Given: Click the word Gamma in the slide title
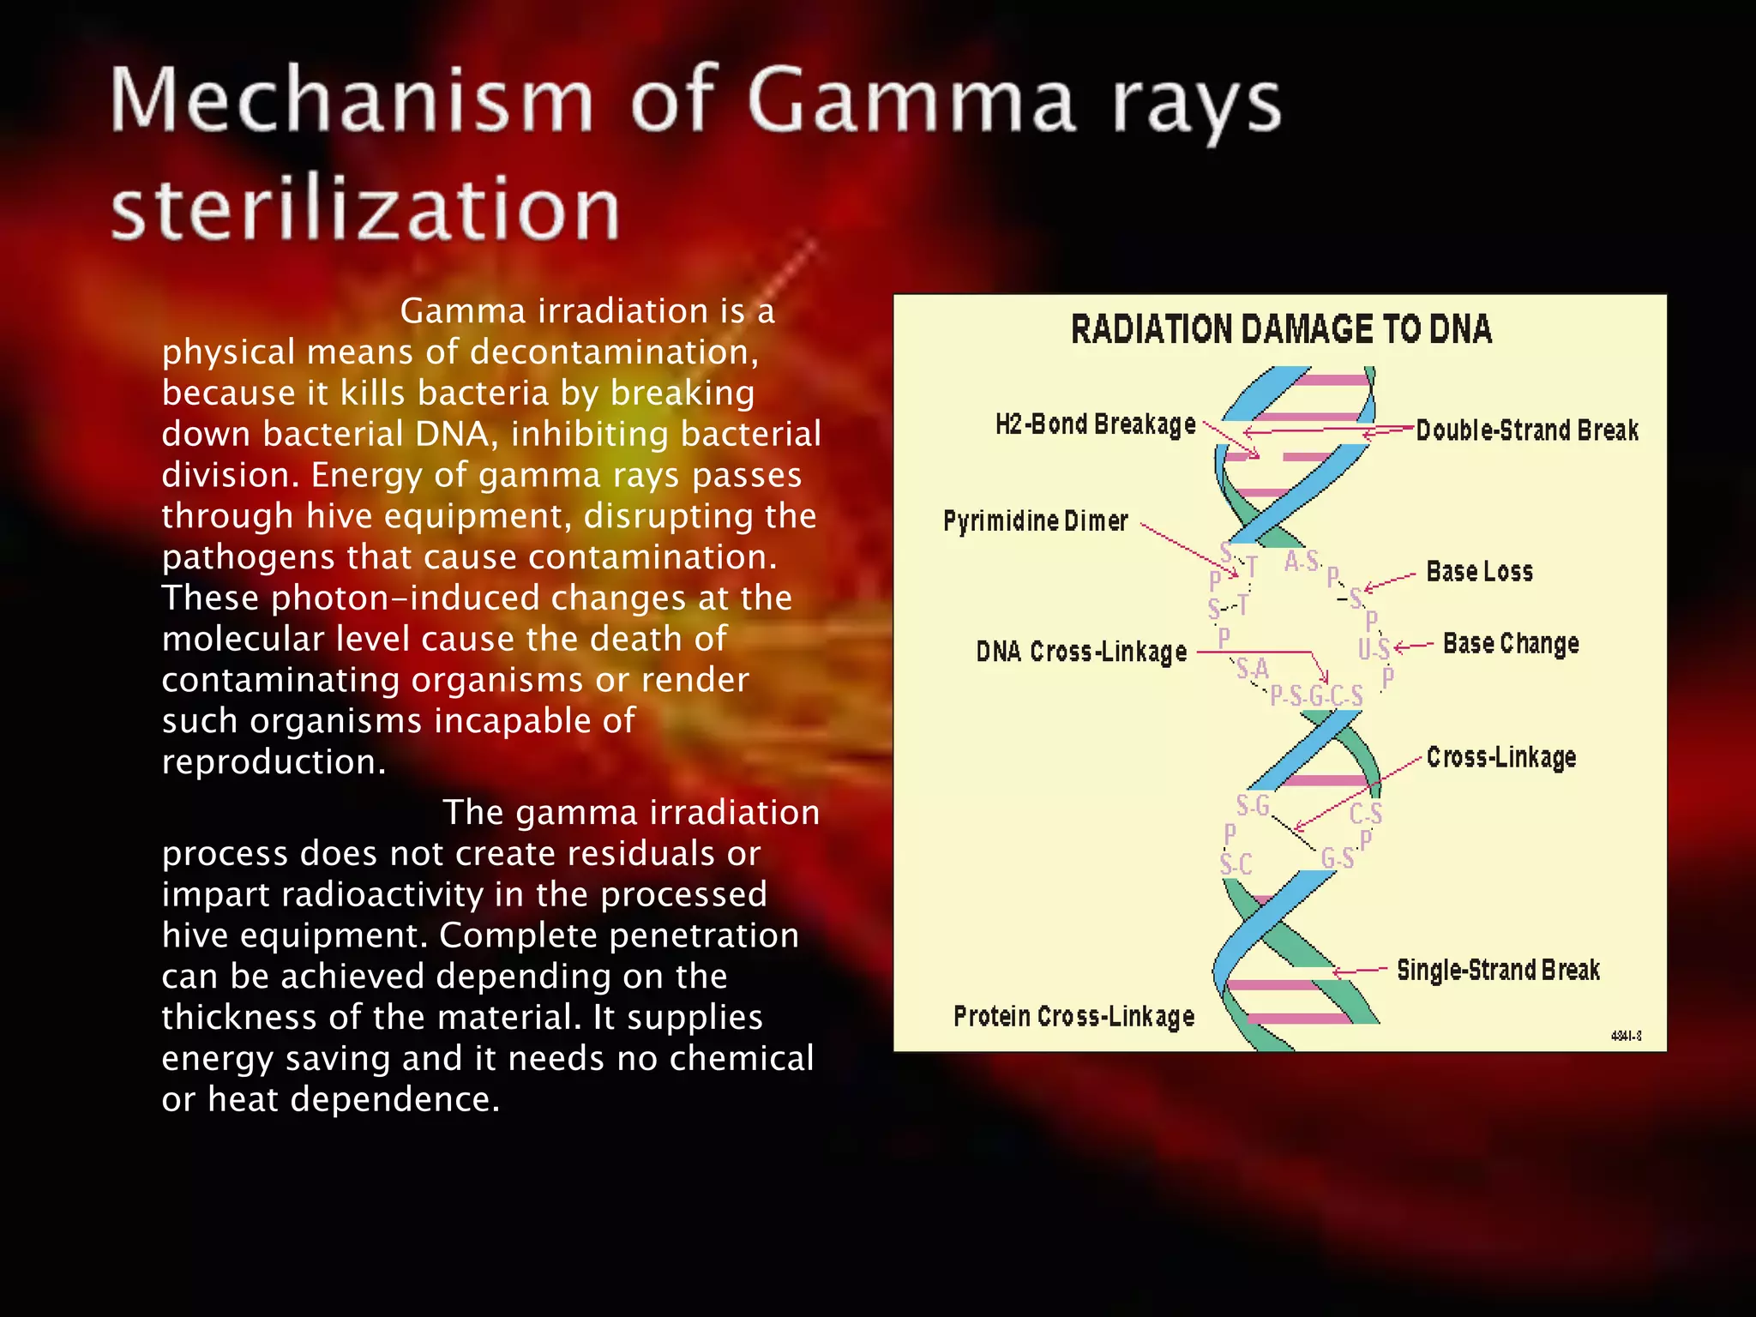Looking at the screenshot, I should [x=911, y=103].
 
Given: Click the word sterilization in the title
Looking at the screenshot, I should [x=365, y=209].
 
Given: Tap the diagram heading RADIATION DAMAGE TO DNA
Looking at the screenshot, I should [x=1281, y=330].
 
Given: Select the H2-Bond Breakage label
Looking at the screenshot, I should [x=1095, y=424].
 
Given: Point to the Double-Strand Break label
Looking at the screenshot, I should [x=1526, y=430].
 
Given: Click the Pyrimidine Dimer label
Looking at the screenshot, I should [x=1035, y=520].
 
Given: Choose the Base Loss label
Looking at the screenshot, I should [x=1479, y=572].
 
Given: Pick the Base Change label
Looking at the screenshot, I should [x=1510, y=644].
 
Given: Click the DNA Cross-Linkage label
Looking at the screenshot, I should [x=1081, y=652].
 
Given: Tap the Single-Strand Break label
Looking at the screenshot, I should [x=1498, y=971].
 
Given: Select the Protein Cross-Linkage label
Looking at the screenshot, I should [x=1073, y=1017].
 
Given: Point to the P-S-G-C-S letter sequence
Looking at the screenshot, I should [x=1316, y=695].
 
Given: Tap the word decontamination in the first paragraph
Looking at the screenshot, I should [x=614, y=352].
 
